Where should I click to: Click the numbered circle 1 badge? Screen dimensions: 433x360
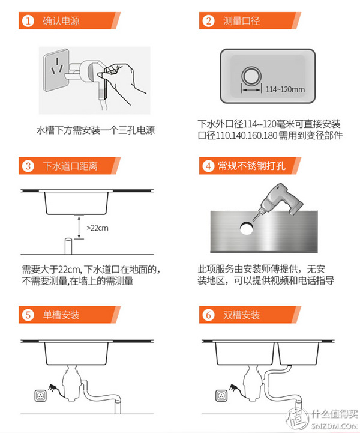coord(27,22)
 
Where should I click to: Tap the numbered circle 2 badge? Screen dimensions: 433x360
coord(208,22)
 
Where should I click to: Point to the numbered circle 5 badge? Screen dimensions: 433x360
coord(27,315)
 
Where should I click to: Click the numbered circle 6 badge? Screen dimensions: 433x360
coord(208,315)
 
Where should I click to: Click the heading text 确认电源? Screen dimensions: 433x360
coord(61,22)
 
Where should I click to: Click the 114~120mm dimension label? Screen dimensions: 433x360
coord(284,90)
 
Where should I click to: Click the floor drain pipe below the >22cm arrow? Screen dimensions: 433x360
coord(68,246)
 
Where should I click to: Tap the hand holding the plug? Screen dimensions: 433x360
coord(123,81)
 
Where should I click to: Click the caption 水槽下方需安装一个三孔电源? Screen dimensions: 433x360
coord(96,130)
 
